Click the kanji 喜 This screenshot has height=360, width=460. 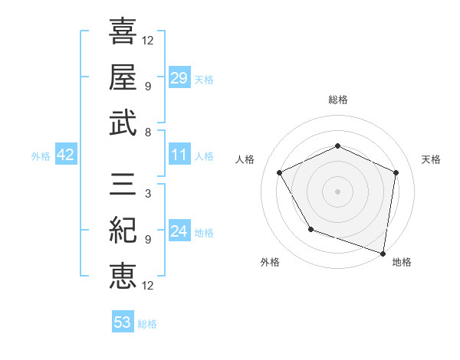tap(123, 32)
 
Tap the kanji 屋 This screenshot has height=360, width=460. tap(123, 77)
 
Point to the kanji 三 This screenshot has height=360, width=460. tap(123, 185)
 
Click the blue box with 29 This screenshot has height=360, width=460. tap(179, 78)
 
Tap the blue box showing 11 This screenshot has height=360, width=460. tap(179, 155)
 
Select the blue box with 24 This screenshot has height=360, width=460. tap(179, 231)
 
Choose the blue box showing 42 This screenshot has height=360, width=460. tap(66, 155)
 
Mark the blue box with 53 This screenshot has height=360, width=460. tap(123, 322)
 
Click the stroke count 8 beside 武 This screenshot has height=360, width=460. tap(147, 132)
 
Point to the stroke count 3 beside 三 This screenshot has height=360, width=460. tap(147, 194)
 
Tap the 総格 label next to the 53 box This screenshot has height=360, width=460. tap(147, 324)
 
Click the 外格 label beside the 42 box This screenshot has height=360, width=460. tap(41, 156)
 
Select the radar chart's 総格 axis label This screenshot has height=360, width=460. tap(338, 100)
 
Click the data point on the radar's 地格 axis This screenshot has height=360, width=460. tap(383, 253)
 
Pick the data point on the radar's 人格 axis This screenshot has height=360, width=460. tap(280, 172)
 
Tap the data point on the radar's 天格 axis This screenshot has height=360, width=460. tap(396, 172)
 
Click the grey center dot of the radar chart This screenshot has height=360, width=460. tap(337, 191)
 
